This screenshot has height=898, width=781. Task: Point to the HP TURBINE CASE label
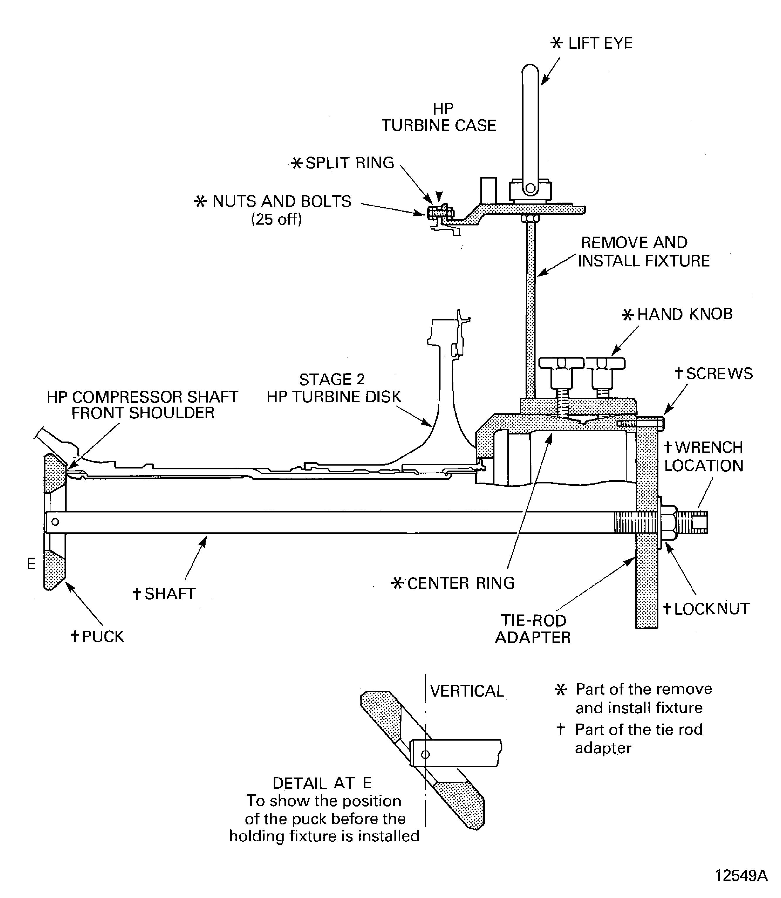[x=439, y=117]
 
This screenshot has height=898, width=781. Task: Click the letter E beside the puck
[x=31, y=564]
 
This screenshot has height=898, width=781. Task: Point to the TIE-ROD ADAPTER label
[x=533, y=629]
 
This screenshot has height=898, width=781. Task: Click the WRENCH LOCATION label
[x=703, y=456]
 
